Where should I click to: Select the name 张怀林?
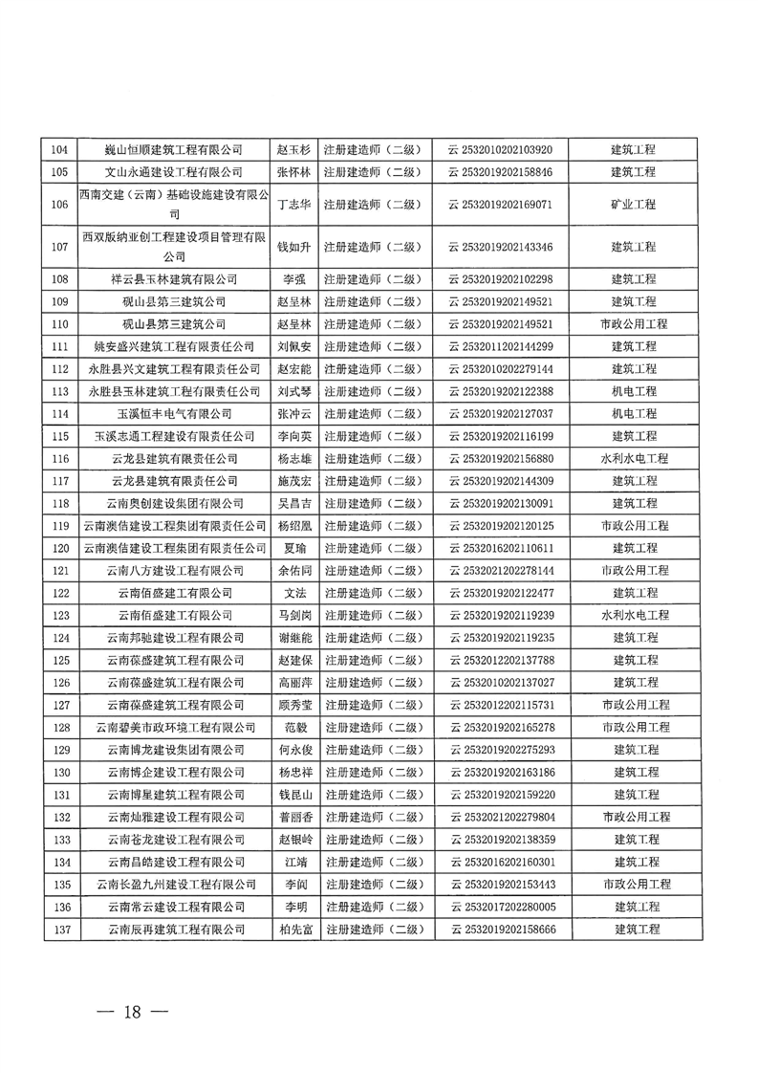(x=293, y=172)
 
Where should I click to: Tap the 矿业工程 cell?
(x=634, y=205)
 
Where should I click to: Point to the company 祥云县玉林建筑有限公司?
(x=174, y=279)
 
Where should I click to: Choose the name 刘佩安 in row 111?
(x=293, y=346)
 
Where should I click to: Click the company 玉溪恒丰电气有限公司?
(x=174, y=413)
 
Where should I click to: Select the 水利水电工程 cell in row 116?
(x=634, y=458)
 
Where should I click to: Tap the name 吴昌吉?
(x=293, y=503)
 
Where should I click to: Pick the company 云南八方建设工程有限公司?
(x=174, y=570)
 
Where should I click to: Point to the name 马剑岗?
(x=293, y=615)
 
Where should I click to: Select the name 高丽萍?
(x=293, y=682)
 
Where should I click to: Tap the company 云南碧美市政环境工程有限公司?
(x=174, y=727)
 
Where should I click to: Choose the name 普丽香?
(x=293, y=817)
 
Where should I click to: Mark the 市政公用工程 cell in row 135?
(x=634, y=884)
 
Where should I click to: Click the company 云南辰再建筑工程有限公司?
(x=174, y=929)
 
